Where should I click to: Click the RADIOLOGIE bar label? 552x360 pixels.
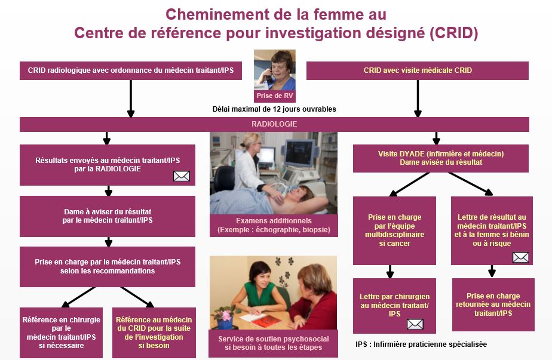pyautogui.click(x=274, y=124)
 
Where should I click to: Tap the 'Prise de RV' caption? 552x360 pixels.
pyautogui.click(x=275, y=96)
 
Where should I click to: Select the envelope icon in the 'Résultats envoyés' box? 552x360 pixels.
pyautogui.click(x=182, y=176)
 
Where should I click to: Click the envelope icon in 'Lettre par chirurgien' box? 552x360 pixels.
pyautogui.click(x=415, y=324)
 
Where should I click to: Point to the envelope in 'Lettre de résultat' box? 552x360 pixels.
pyautogui.click(x=520, y=257)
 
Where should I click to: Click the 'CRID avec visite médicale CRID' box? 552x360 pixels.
pyautogui.click(x=418, y=70)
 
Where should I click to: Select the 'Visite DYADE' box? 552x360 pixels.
pyautogui.click(x=441, y=158)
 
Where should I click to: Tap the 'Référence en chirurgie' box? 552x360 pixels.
pyautogui.click(x=62, y=333)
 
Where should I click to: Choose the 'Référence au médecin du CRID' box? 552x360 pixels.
pyautogui.click(x=154, y=333)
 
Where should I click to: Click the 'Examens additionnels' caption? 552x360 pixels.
pyautogui.click(x=274, y=225)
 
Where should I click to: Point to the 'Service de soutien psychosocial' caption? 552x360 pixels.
pyautogui.click(x=274, y=343)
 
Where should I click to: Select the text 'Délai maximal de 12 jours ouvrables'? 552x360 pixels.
pyautogui.click(x=274, y=109)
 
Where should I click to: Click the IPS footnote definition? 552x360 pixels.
pyautogui.click(x=421, y=344)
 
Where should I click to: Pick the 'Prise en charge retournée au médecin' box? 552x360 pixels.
pyautogui.click(x=493, y=304)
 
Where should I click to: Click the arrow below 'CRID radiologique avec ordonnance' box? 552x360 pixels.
pyautogui.click(x=131, y=99)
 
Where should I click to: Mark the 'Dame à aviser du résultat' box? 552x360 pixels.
pyautogui.click(x=108, y=216)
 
